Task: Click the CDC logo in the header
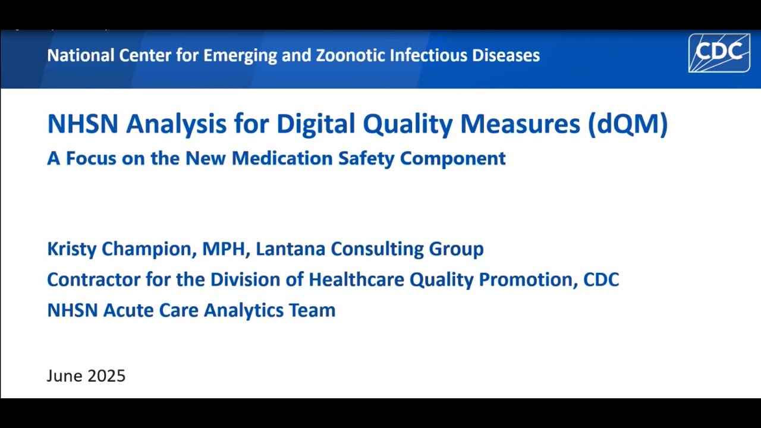point(719,53)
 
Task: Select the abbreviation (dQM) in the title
point(628,124)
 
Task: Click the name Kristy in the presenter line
point(71,248)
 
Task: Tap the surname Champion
point(149,248)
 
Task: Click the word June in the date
point(64,376)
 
